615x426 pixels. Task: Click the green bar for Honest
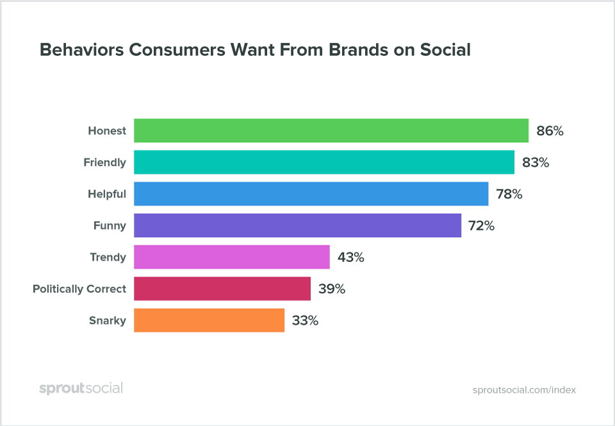click(331, 131)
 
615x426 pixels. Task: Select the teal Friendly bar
click(324, 162)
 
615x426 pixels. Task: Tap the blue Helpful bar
click(311, 193)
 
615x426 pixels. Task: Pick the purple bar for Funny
click(297, 225)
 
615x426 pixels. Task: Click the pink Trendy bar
click(231, 257)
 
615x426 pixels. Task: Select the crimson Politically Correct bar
click(222, 289)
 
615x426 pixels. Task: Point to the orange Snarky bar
click(209, 320)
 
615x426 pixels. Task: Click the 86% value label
click(550, 131)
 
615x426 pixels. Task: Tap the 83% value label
click(536, 163)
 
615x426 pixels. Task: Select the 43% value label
click(350, 258)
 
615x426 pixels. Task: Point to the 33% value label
click(305, 321)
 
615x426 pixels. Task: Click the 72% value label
click(480, 226)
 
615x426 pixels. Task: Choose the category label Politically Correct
click(79, 290)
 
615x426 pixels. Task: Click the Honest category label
click(107, 131)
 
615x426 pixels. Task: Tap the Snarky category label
click(108, 321)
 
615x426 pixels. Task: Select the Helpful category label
click(107, 194)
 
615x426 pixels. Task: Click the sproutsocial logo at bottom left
click(81, 388)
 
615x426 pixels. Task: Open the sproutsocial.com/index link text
click(524, 389)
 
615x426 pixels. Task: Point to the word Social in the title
click(442, 50)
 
